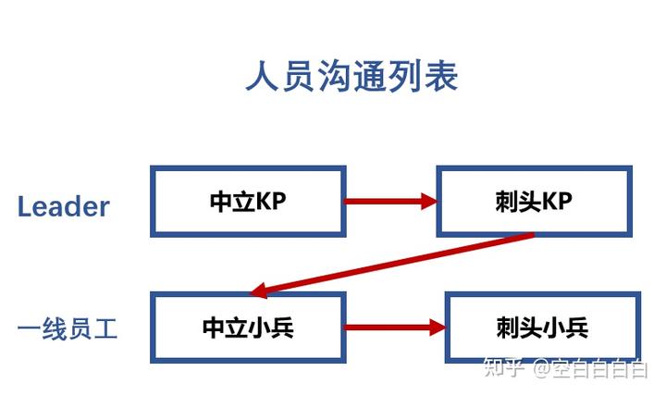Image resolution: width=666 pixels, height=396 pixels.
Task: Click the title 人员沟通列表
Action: [351, 77]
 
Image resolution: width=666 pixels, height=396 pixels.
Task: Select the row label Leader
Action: [63, 207]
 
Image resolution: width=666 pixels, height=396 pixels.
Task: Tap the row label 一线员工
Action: [68, 328]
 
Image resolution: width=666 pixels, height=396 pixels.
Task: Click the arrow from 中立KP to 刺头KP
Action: [390, 201]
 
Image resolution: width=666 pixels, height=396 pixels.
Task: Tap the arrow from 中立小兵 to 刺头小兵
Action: [395, 328]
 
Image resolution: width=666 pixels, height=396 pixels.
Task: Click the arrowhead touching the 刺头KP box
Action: [429, 201]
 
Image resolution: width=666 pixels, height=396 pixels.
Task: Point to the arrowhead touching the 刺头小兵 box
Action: [438, 328]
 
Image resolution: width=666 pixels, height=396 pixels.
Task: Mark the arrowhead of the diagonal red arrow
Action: [259, 291]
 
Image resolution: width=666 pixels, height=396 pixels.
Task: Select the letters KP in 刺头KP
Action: [557, 201]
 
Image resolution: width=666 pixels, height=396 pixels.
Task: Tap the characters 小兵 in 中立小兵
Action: [270, 328]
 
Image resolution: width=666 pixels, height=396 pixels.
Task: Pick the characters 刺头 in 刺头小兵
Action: [519, 328]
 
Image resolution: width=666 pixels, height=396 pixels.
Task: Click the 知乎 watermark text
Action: [504, 367]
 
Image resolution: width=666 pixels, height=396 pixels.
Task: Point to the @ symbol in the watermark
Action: [542, 368]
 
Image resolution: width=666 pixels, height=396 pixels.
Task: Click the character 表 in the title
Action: [441, 77]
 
